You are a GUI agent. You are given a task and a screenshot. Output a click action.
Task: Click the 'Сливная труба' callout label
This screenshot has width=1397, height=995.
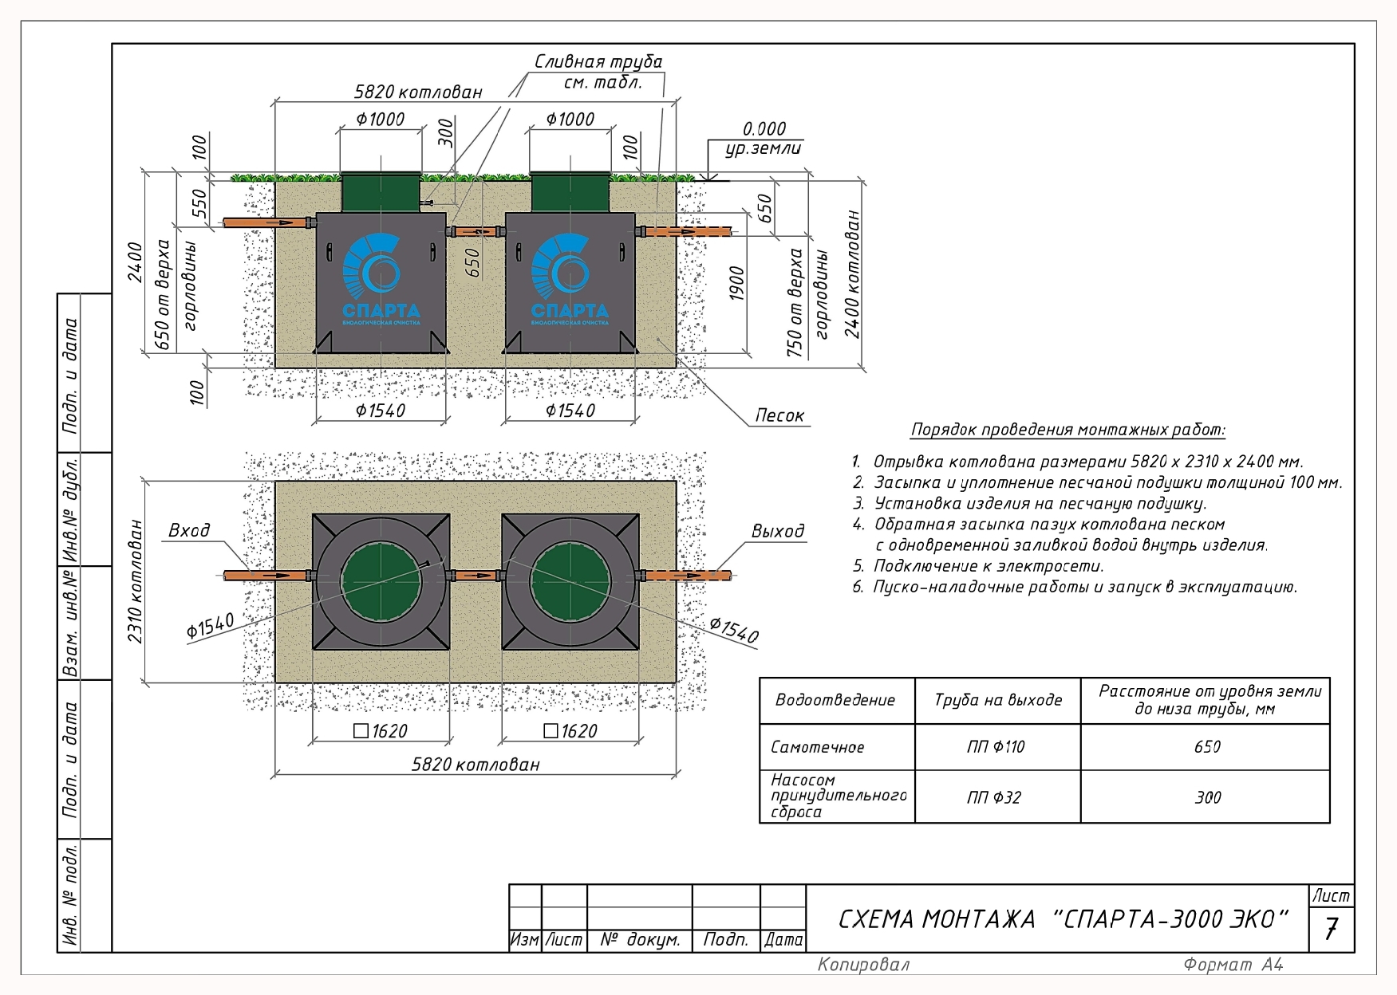pyautogui.click(x=598, y=62)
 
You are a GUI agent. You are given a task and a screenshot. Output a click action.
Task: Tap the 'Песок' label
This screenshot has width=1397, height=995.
pyautogui.click(x=779, y=415)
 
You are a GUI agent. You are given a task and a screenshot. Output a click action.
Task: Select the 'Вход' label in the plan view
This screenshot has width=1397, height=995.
pyautogui.click(x=189, y=530)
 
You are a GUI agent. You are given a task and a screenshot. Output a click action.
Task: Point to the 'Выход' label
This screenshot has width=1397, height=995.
pyautogui.click(x=778, y=531)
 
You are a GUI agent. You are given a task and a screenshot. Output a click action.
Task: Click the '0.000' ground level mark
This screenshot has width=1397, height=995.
pyautogui.click(x=764, y=129)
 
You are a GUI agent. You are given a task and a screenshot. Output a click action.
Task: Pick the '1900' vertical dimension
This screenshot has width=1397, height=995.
pyautogui.click(x=736, y=283)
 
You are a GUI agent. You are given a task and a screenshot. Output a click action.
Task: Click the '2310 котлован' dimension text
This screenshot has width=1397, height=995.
pyautogui.click(x=135, y=581)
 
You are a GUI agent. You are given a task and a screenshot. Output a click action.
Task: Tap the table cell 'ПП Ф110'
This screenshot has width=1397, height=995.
pyautogui.click(x=996, y=747)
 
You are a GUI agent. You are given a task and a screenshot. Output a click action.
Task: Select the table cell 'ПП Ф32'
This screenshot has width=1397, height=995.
pyautogui.click(x=994, y=797)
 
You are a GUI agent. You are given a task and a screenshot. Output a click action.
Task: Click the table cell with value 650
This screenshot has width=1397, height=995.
pyautogui.click(x=1207, y=747)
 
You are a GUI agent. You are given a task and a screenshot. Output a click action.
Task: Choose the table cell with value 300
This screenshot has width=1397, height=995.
pyautogui.click(x=1208, y=797)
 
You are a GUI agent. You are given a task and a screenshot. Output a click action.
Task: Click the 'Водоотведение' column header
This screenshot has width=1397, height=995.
pyautogui.click(x=835, y=700)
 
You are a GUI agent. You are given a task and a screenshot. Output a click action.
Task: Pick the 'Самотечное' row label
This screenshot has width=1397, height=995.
pyautogui.click(x=817, y=747)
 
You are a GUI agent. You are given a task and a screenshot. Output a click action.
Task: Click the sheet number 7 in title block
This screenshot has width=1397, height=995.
pyautogui.click(x=1331, y=930)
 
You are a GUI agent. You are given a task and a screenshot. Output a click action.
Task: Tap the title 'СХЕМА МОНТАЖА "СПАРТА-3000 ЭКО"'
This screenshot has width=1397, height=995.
pyautogui.click(x=1064, y=919)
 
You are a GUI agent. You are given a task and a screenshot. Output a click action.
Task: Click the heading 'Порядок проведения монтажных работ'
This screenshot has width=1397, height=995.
pyautogui.click(x=1068, y=430)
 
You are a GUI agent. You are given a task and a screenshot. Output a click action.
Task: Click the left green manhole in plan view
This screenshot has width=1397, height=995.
pyautogui.click(x=381, y=582)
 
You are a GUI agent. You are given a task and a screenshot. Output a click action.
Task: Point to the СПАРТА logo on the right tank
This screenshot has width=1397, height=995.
pyautogui.click(x=570, y=279)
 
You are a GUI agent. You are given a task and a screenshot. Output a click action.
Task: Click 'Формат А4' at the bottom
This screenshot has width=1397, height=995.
pyautogui.click(x=1233, y=965)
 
